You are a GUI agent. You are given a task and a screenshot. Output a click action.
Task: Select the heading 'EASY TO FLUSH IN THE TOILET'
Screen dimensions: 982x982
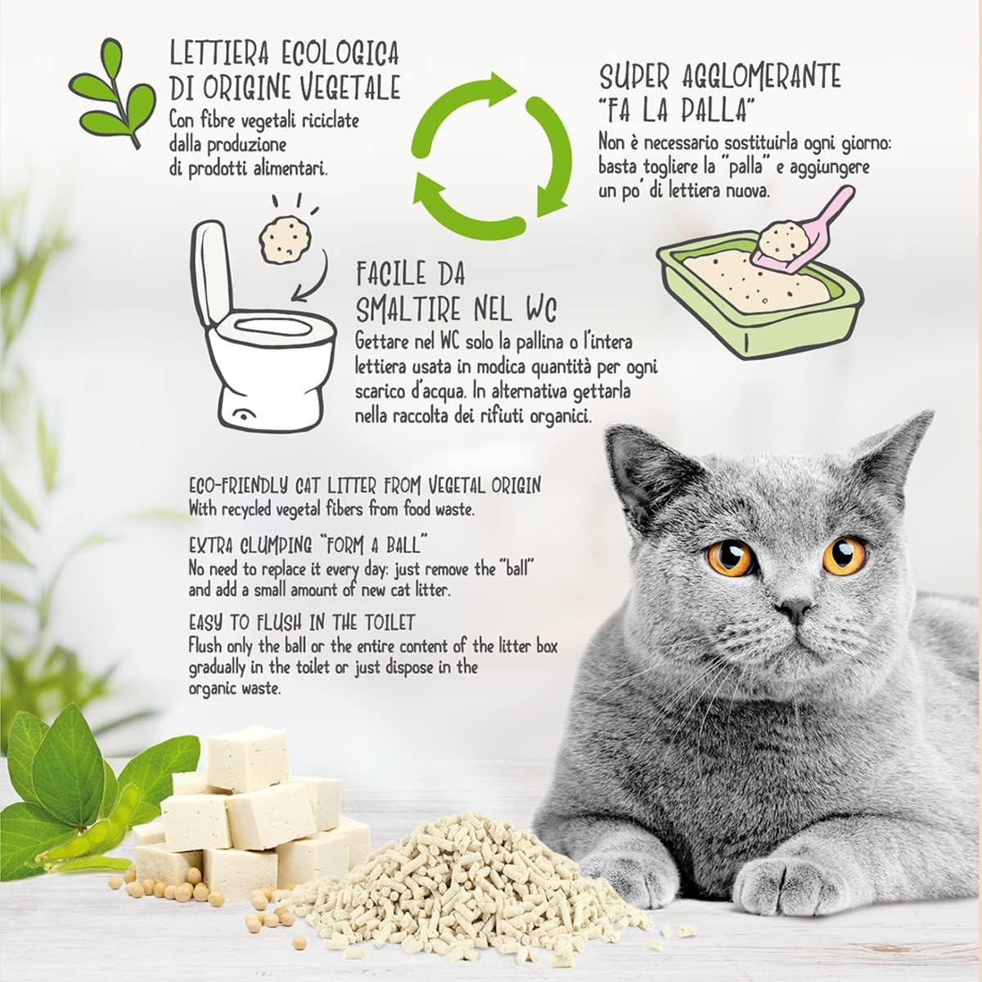[302, 622]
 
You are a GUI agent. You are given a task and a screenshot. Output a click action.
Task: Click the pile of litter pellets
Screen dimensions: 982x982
[458, 892]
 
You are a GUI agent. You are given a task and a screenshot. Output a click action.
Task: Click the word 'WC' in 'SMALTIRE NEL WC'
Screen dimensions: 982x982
[538, 310]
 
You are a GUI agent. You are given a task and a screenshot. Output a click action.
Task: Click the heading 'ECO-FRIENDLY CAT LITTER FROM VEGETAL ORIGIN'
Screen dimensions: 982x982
[364, 485]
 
